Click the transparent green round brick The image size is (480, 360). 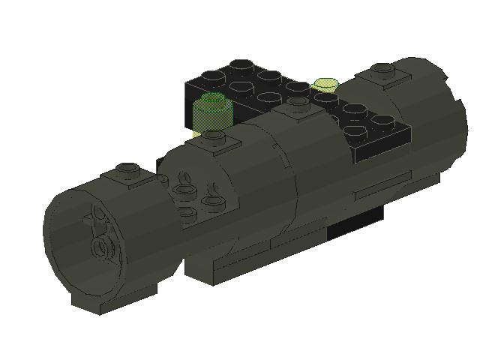213,112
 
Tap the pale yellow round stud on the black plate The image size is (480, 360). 325,84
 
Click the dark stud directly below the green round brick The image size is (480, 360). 214,136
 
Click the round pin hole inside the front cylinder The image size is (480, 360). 98,247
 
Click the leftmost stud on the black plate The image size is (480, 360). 213,76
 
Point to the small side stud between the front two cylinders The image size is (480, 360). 160,178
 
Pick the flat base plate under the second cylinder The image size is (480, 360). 247,262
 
